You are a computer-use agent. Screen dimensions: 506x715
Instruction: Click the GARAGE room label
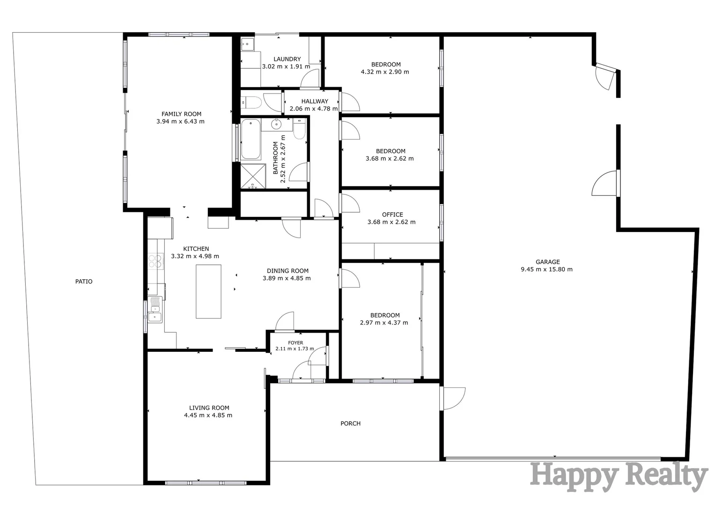point(547,262)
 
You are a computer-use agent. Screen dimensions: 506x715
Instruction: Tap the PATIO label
point(84,282)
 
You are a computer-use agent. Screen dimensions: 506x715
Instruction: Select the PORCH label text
point(350,424)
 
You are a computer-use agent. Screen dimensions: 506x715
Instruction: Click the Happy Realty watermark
point(618,476)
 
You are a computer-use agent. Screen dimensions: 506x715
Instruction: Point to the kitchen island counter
point(208,291)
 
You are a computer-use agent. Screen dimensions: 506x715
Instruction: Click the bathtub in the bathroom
point(251,140)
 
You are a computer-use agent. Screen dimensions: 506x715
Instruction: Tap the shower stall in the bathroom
point(253,176)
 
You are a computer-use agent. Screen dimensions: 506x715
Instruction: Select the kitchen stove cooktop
point(155,260)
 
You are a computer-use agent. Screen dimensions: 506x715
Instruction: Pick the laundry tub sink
point(247,45)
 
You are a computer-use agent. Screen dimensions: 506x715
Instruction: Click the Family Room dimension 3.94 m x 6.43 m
point(180,121)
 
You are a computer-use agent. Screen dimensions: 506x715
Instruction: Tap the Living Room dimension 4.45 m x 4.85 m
point(208,415)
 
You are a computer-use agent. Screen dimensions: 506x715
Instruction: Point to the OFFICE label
point(392,215)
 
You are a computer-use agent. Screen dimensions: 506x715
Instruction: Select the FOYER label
point(295,343)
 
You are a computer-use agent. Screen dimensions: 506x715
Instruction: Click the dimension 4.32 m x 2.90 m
point(385,72)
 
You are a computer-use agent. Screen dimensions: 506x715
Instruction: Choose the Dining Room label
point(287,271)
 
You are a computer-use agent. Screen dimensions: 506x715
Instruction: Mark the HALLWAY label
point(315,101)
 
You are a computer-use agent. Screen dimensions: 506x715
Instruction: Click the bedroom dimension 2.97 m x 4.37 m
point(384,323)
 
